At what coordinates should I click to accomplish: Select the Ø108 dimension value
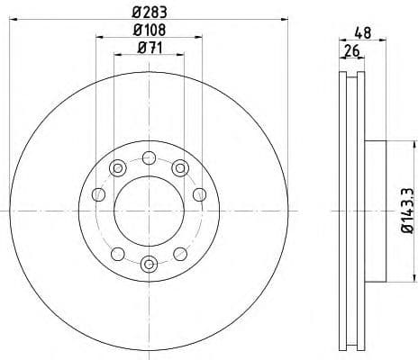point(149,32)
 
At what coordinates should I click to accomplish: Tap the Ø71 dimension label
point(149,49)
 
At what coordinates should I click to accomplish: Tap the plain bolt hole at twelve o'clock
point(149,157)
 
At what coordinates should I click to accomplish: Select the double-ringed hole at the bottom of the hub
point(149,264)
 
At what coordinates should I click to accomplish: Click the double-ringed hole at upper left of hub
point(116,166)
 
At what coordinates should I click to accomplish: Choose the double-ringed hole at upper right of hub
point(180,166)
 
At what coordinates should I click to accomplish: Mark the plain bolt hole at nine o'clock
point(99,195)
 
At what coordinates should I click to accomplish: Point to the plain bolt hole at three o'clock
point(198,195)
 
